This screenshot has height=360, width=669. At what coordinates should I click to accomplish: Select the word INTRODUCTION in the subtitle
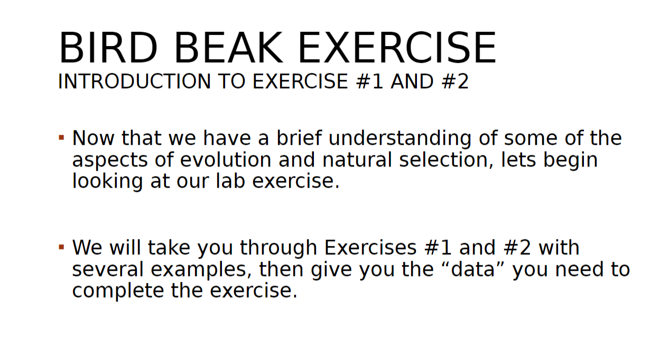(x=132, y=82)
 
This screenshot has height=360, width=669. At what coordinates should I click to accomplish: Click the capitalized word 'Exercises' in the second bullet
(x=370, y=248)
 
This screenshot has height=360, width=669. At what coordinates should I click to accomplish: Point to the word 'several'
(x=108, y=270)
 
